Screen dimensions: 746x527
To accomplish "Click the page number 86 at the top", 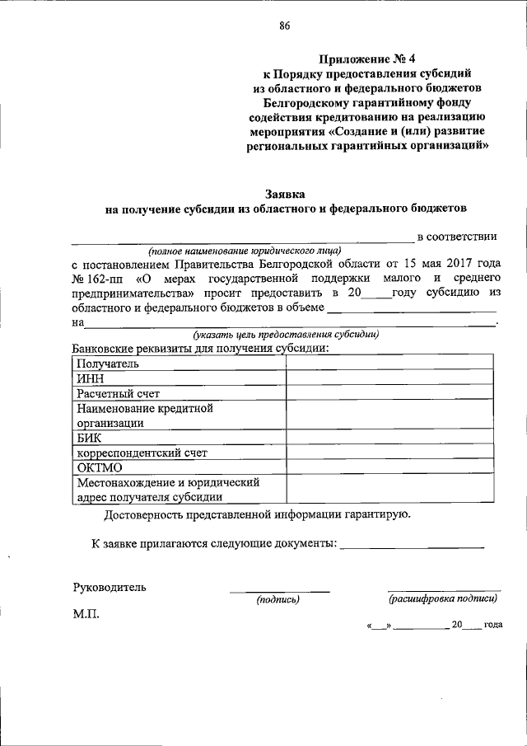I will point(284,25).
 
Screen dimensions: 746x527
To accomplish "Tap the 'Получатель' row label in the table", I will point(108,364).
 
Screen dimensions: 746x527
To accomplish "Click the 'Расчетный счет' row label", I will point(118,393).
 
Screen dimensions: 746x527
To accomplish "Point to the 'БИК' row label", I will point(89,438).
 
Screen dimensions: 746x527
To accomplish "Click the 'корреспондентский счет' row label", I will point(142,453).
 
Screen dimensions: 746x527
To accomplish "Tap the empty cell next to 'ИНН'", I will point(389,378).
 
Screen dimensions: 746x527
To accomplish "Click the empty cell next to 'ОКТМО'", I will point(389,467).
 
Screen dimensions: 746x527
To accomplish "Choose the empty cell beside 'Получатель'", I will point(389,364).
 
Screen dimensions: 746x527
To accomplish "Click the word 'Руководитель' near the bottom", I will point(110,587).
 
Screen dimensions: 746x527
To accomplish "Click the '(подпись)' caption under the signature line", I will point(278,600).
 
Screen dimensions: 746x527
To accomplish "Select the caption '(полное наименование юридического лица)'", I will point(244,251).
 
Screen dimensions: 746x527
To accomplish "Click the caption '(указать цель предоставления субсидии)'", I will point(286,335).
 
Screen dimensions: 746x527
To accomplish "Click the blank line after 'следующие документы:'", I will point(412,546).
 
